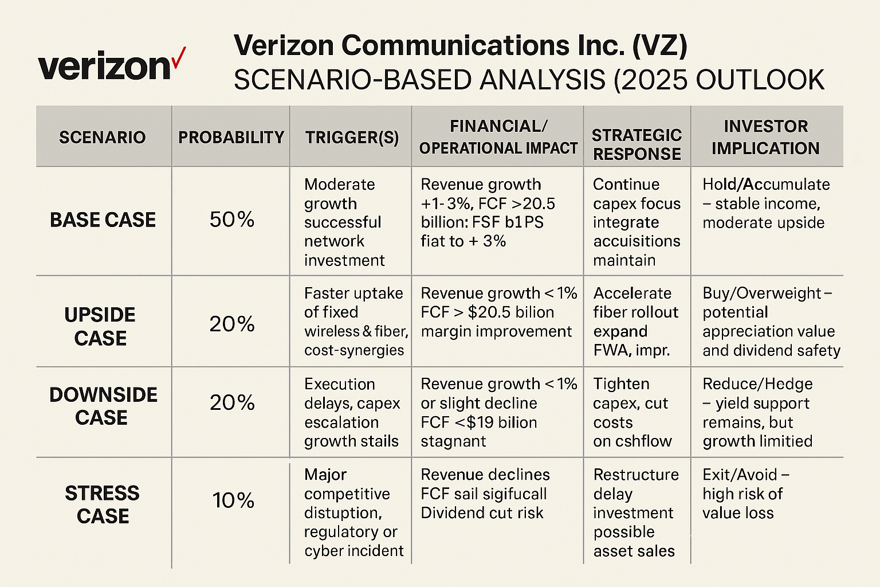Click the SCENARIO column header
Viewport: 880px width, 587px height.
click(103, 138)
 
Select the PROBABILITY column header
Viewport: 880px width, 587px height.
click(231, 138)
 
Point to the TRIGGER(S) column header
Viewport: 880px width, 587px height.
click(352, 138)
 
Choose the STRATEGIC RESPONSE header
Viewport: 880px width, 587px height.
click(637, 144)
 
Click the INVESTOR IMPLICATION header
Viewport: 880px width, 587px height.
click(765, 138)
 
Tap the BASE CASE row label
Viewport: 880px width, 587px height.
click(103, 220)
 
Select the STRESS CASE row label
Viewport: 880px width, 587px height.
click(103, 504)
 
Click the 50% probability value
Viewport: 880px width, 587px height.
click(231, 220)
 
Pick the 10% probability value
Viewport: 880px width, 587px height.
click(233, 500)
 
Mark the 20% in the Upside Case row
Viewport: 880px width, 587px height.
click(231, 324)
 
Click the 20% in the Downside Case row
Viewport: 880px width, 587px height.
click(231, 403)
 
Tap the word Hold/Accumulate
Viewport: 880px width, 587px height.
click(766, 185)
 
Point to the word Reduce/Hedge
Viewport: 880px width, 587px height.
click(757, 384)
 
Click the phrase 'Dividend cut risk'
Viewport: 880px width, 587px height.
click(482, 513)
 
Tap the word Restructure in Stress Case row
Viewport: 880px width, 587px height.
click(636, 475)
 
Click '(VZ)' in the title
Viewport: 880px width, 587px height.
click(659, 46)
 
